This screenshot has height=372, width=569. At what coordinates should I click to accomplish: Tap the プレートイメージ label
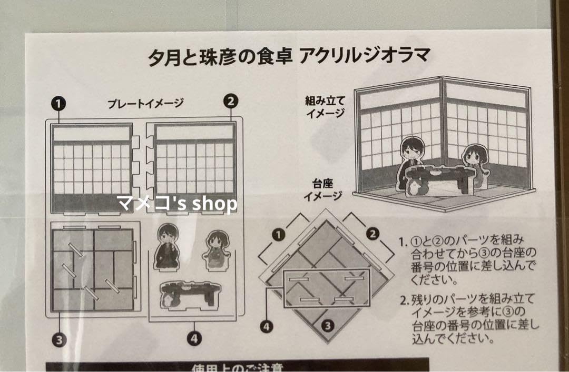(x=145, y=103)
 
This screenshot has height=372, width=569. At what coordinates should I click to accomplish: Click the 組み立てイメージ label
(x=325, y=106)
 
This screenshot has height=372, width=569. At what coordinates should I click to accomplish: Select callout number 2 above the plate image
(x=231, y=100)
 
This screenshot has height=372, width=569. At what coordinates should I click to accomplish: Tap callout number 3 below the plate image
(x=58, y=339)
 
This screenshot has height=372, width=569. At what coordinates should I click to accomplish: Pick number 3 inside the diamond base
(x=328, y=325)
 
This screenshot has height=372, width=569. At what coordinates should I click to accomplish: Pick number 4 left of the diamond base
(x=267, y=327)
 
